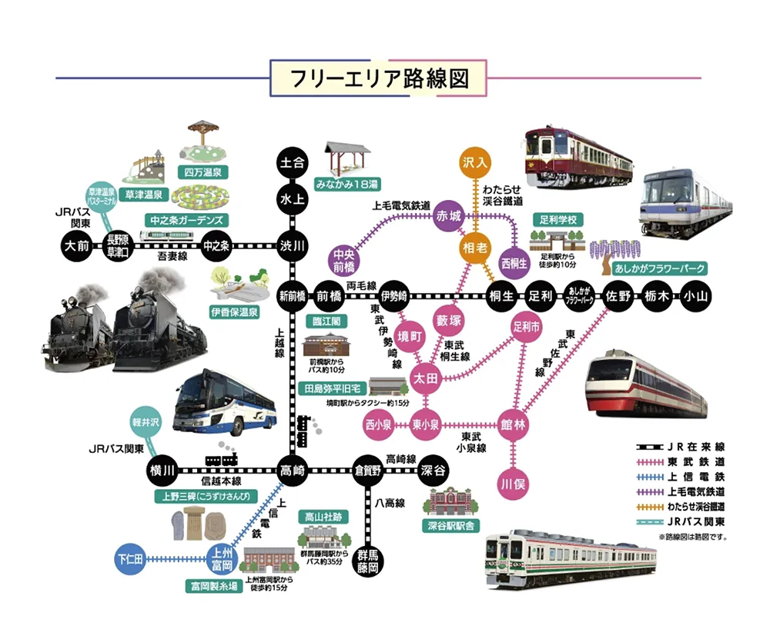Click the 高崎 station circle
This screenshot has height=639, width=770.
(293, 469)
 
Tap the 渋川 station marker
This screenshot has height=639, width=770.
(293, 246)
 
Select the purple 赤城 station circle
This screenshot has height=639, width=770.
(448, 215)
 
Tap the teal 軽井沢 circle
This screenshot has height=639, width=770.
(143, 421)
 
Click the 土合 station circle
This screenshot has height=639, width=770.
(293, 163)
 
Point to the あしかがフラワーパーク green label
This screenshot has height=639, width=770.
(659, 268)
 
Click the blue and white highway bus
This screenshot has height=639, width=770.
(224, 403)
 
